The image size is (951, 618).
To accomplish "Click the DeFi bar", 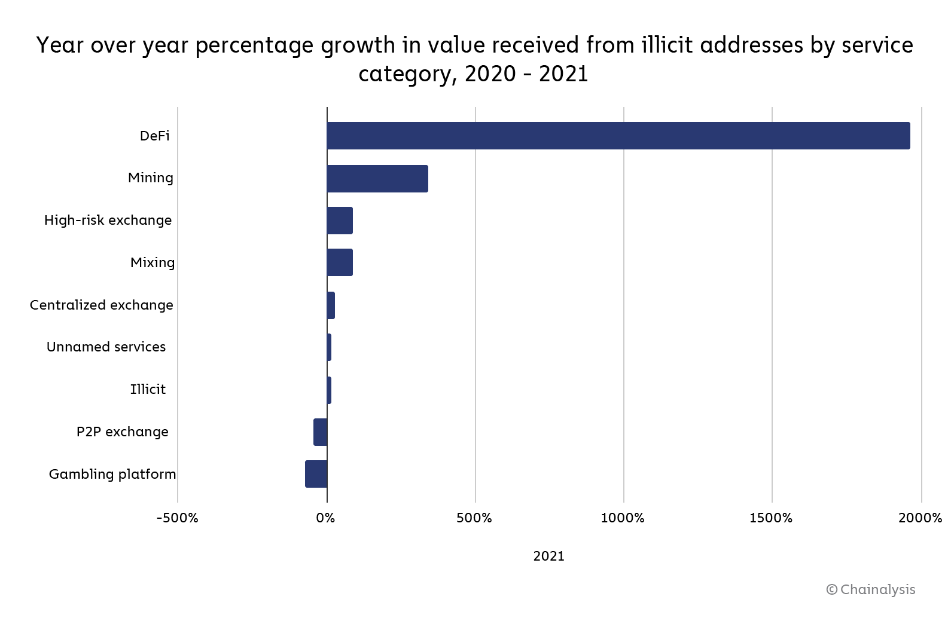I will point(618,136).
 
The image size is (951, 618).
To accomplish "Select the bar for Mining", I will point(377,178).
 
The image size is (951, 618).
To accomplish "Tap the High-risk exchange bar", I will point(340,221).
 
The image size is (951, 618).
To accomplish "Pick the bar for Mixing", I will point(340,262).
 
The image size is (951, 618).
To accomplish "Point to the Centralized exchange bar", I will point(331,305).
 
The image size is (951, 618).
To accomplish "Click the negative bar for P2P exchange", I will point(321,432).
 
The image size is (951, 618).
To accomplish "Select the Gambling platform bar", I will point(316,474).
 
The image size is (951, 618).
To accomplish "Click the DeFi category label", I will point(154,136).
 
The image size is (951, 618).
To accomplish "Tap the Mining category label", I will point(150,178).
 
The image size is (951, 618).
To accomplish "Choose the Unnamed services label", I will point(106,347).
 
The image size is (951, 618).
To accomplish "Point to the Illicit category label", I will point(148,390).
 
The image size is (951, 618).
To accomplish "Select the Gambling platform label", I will point(112,475).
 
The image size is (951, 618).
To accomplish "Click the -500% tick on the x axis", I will point(177,518).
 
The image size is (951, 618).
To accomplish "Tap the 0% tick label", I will point(326,518).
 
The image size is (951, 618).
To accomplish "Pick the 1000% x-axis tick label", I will point(623,518).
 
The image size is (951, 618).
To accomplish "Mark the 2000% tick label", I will point(920,518).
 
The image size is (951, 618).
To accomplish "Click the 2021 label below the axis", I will point(548,556).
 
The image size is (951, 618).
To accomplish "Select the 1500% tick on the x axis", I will point(771,518).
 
